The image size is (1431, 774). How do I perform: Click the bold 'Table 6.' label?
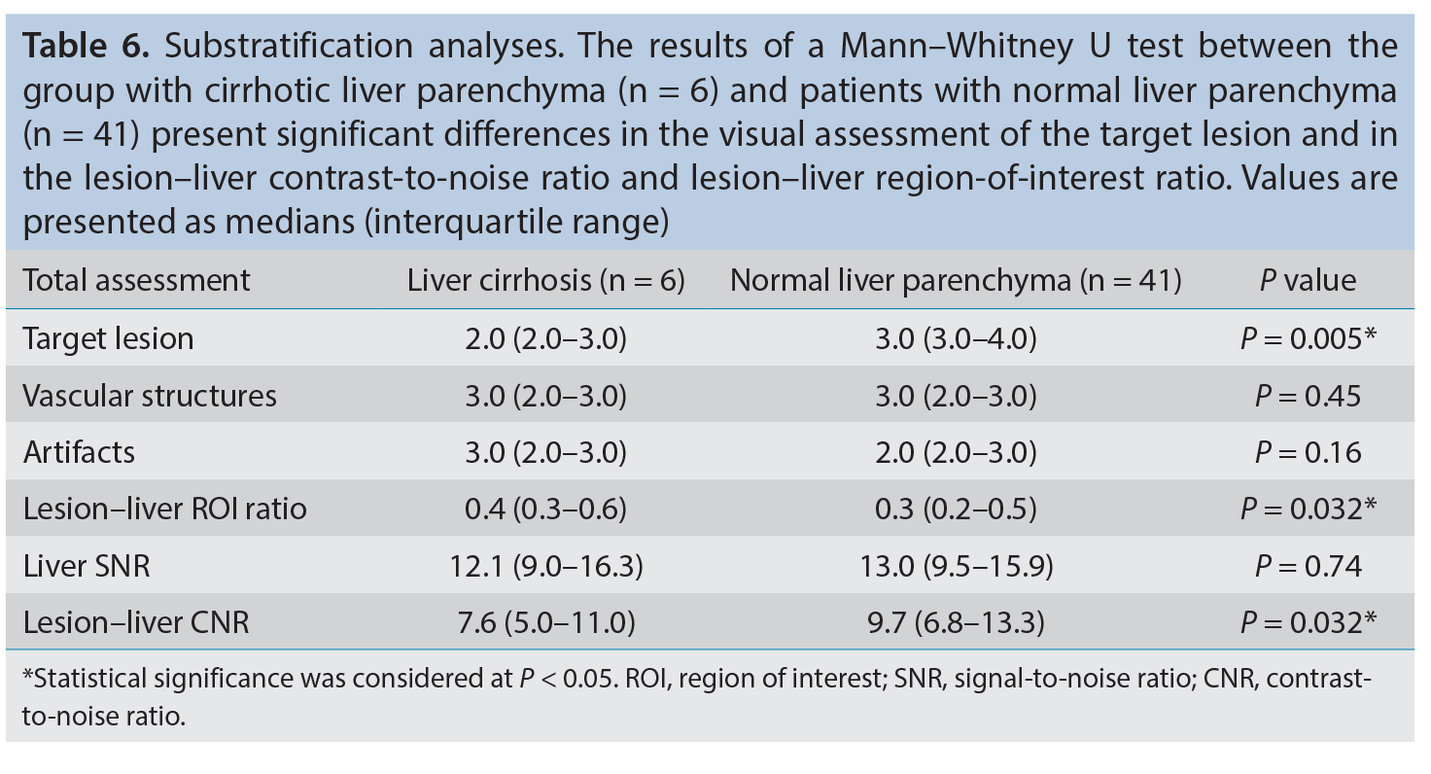click(87, 46)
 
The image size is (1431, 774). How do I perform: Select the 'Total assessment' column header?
click(136, 281)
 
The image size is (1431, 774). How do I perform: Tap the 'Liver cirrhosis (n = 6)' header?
click(545, 281)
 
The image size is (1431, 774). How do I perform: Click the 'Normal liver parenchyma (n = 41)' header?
click(956, 281)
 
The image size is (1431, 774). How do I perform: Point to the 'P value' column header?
click(1308, 281)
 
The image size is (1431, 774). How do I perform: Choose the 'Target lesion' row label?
click(108, 338)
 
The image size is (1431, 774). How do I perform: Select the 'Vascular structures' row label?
click(150, 396)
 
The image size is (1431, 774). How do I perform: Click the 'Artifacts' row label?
click(79, 452)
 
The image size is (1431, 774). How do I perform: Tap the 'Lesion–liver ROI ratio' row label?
click(165, 510)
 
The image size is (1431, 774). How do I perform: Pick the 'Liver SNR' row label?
click(87, 566)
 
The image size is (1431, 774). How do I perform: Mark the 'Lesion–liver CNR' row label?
click(136, 623)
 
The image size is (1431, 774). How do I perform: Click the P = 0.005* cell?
click(1308, 338)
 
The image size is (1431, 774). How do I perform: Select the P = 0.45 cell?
click(1308, 396)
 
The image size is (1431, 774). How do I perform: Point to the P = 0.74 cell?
click(1308, 566)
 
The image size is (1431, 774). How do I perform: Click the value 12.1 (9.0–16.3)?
click(546, 566)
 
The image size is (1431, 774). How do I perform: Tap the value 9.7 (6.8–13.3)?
click(956, 623)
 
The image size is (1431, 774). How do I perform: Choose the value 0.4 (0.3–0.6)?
click(545, 510)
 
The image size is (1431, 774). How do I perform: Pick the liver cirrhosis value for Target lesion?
click(545, 338)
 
